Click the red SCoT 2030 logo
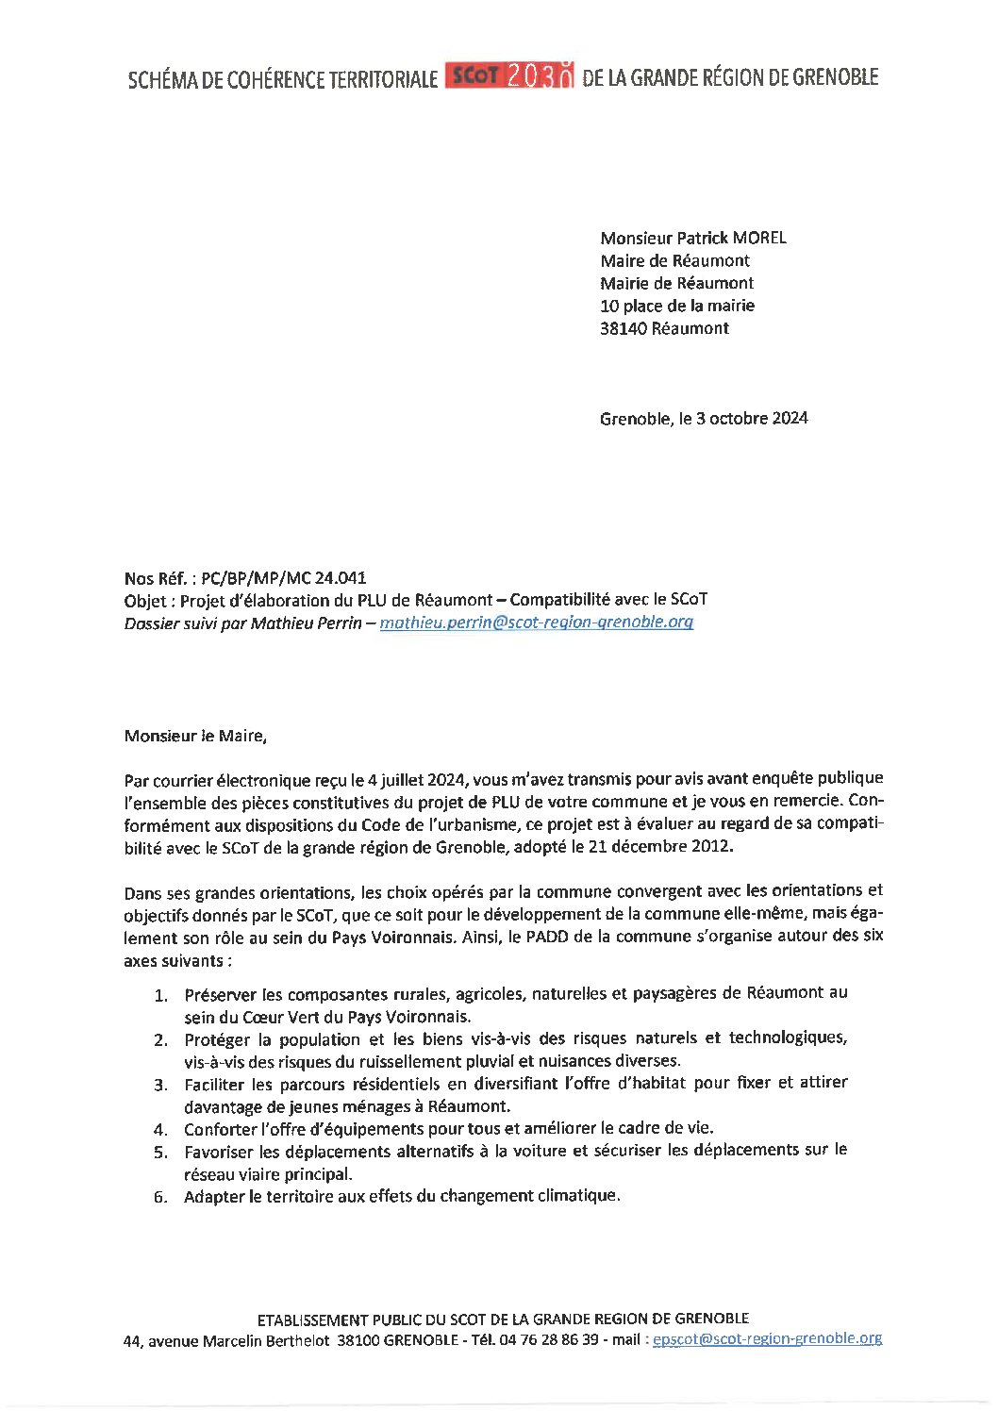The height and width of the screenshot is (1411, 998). [508, 76]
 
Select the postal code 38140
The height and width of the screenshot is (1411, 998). [624, 328]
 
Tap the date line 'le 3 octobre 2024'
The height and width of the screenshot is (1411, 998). [743, 418]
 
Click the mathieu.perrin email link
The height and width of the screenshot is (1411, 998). [536, 622]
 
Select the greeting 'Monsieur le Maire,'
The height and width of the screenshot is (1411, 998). [195, 736]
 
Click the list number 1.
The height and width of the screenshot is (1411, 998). [161, 995]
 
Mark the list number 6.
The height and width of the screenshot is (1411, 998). [161, 1197]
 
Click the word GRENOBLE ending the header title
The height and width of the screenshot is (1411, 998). [835, 77]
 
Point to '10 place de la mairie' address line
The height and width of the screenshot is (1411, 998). [677, 306]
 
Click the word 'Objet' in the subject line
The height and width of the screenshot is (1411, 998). [145, 600]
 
